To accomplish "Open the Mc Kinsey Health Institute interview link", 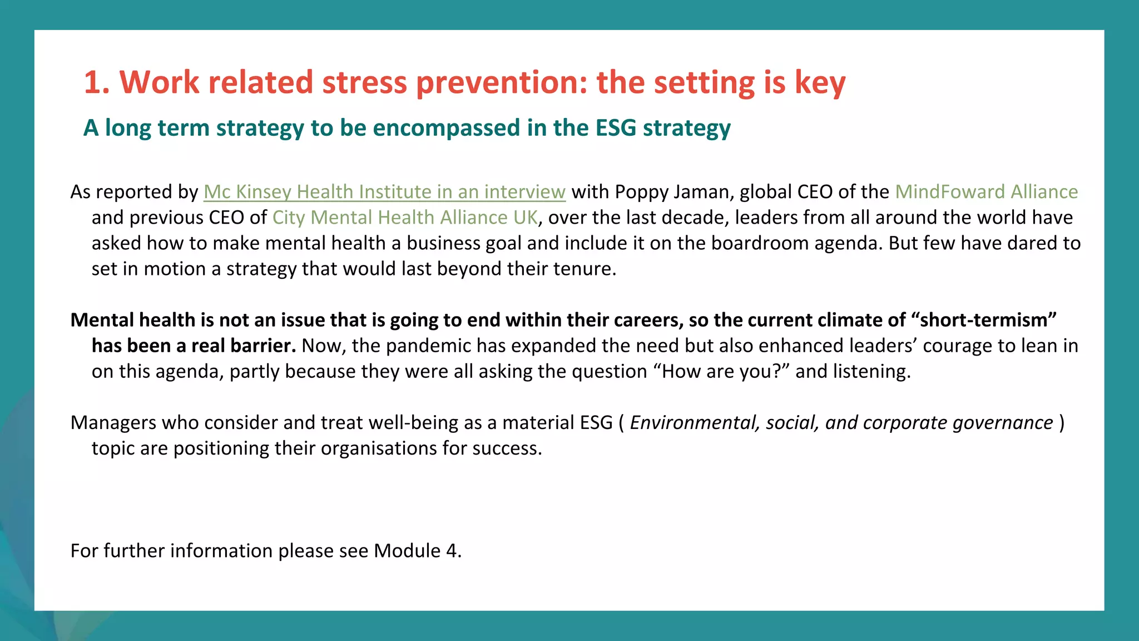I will (384, 192).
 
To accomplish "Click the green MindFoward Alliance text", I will (986, 192).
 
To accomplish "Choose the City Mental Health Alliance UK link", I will (405, 218).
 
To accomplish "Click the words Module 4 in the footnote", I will (416, 551).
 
